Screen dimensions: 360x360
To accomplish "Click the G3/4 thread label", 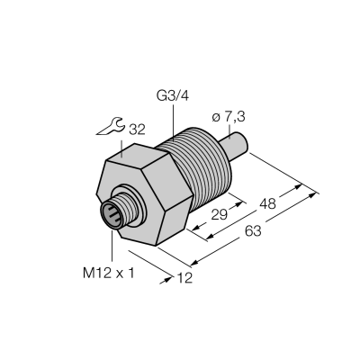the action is [x=173, y=96].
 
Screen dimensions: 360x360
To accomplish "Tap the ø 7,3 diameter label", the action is [x=229, y=117].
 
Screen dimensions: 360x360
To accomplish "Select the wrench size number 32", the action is [x=137, y=130].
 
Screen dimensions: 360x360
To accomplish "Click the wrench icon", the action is [x=111, y=126].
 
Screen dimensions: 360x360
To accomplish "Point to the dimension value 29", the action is [x=220, y=215].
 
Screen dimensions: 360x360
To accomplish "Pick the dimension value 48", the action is [x=267, y=204].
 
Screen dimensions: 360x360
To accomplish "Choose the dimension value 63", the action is [x=253, y=231].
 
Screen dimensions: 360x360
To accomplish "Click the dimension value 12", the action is [x=184, y=278].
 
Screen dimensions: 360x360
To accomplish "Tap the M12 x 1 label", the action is [x=109, y=274].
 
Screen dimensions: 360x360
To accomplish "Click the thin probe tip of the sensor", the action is [x=237, y=144].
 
